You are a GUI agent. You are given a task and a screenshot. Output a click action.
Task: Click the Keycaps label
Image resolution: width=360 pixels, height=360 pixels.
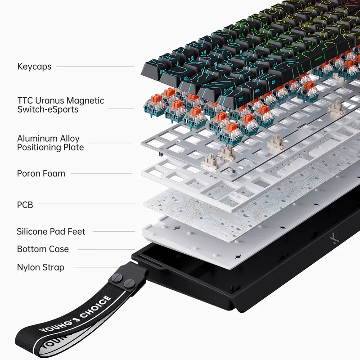coord(34,67)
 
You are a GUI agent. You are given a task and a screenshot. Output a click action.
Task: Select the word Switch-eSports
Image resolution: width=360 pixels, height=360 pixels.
coord(48,109)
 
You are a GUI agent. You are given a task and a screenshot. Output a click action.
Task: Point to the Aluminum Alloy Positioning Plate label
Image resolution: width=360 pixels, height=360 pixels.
coord(50,143)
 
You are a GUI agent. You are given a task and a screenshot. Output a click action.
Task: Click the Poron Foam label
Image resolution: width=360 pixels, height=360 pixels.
coord(41,173)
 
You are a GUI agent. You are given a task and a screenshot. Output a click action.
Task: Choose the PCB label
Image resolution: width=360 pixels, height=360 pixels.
coord(25,205)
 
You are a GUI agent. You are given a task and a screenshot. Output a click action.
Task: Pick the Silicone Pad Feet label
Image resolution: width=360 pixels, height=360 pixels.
coord(51,232)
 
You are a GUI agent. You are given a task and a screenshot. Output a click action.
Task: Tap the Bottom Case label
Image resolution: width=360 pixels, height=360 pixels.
coord(43,249)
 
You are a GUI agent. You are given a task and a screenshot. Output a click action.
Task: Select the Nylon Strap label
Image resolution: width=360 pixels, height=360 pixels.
coord(40,267)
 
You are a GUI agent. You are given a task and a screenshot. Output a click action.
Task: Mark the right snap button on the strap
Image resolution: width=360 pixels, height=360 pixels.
coord(129,283)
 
